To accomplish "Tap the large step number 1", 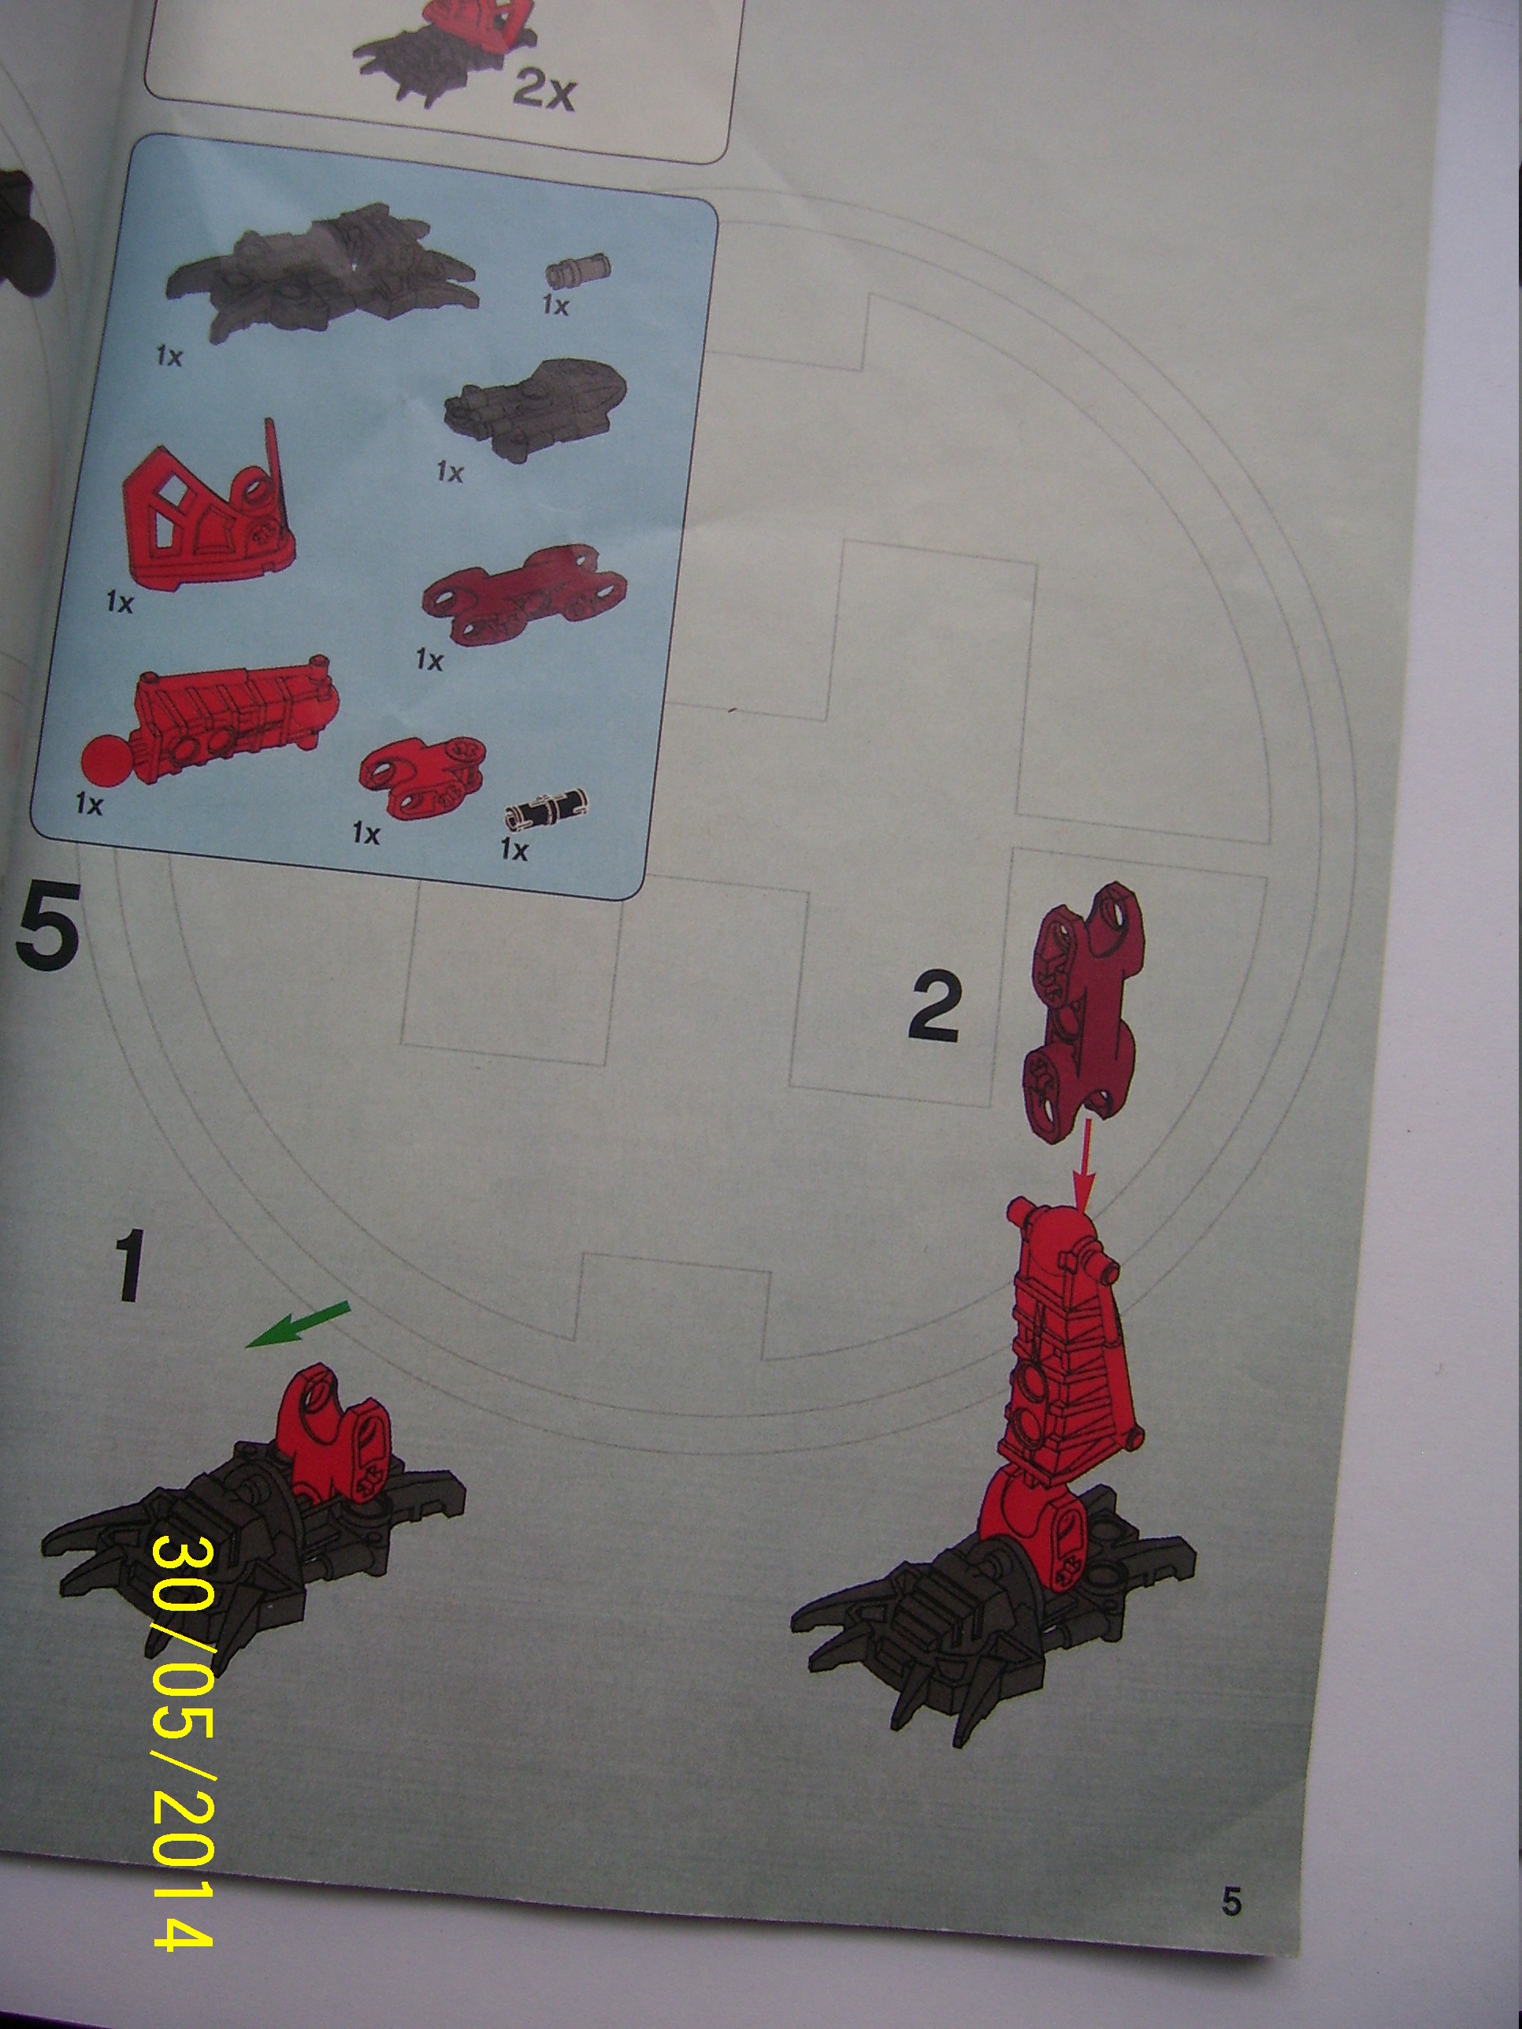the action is [129, 1267].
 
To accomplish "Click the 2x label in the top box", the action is [543, 91].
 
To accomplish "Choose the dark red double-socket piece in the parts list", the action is [524, 596].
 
